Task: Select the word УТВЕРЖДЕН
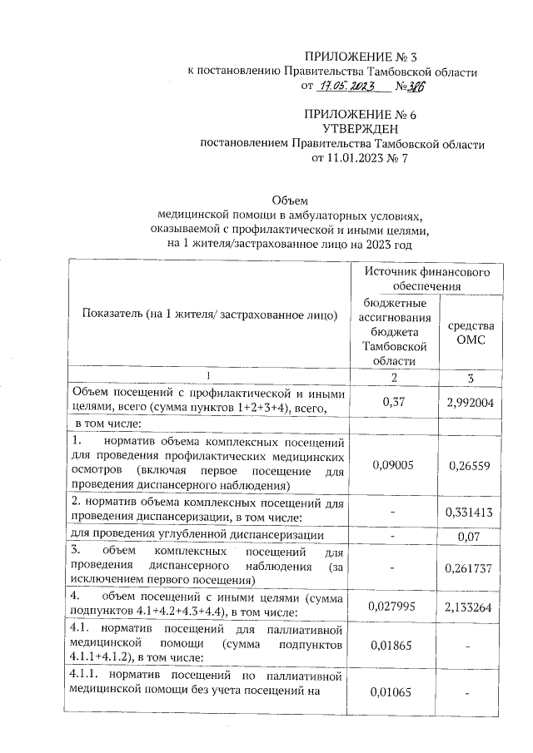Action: pos(360,129)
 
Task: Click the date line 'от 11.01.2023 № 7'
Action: pos(360,157)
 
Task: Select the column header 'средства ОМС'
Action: pos(471,333)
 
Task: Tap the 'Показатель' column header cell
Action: pos(209,315)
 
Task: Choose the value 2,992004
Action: pos(471,401)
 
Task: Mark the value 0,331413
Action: pos(471,513)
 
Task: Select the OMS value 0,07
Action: pos(471,538)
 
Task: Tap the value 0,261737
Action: pos(471,567)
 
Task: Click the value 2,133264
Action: pos(471,607)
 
